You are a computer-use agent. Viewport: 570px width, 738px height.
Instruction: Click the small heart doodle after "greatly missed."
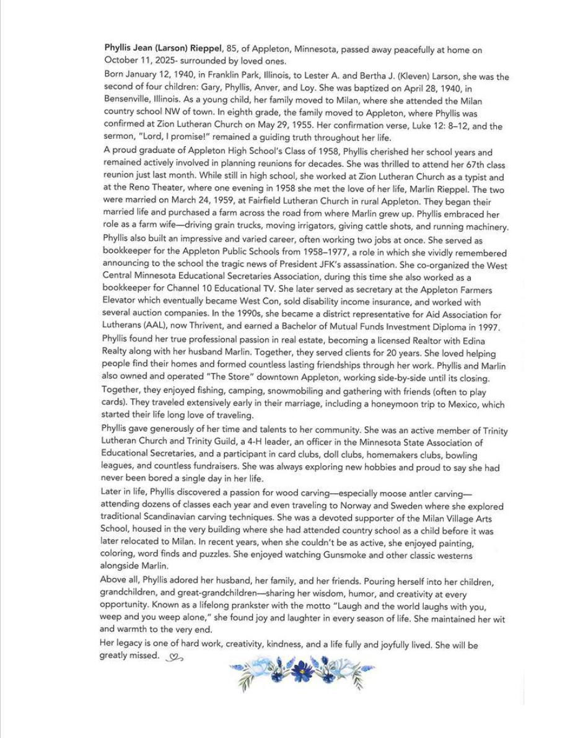click(x=175, y=657)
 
